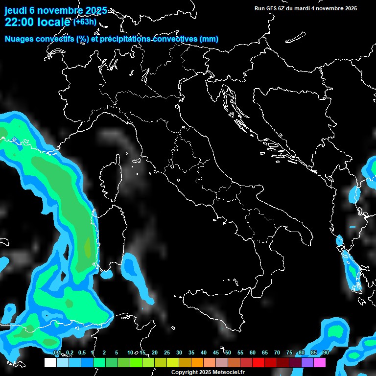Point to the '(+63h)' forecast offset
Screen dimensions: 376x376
(x=85, y=22)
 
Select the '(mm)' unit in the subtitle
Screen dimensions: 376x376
(x=209, y=39)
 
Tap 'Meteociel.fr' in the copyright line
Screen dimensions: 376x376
(x=233, y=373)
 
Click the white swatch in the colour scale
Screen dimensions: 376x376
(x=50, y=362)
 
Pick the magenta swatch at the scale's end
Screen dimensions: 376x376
(x=320, y=362)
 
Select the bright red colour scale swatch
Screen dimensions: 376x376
(x=258, y=362)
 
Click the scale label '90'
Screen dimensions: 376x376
(x=326, y=352)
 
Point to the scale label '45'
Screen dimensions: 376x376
(x=216, y=352)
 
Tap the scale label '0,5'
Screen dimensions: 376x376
(x=81, y=352)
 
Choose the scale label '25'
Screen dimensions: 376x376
(x=167, y=352)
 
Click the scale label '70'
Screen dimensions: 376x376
(x=277, y=352)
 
